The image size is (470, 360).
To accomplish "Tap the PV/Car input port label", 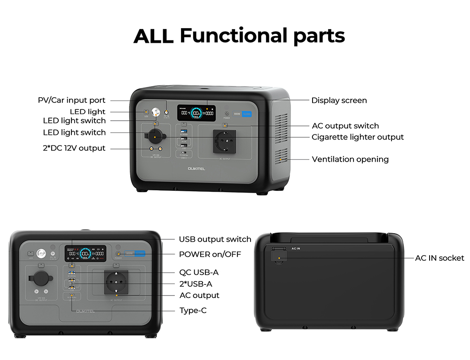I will (71, 100).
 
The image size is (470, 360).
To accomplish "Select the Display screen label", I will (339, 100).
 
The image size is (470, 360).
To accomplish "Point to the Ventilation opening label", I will (350, 159).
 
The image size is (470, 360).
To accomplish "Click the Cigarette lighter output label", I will (358, 137).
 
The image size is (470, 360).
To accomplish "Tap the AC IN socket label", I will (439, 258).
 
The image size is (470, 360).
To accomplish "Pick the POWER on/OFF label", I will (210, 254).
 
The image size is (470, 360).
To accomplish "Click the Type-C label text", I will (193, 311).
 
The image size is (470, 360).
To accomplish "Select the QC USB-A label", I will (199, 272).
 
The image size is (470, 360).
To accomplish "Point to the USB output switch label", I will (215, 239).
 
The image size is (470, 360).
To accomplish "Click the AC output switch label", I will (345, 126).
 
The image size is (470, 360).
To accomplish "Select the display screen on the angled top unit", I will (196, 113).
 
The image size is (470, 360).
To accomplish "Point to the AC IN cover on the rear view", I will (279, 256).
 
